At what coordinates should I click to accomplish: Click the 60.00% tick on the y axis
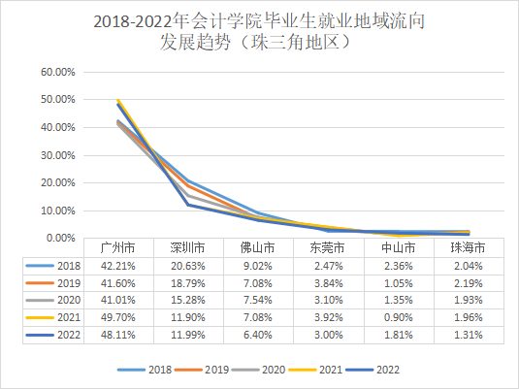[x=55, y=72]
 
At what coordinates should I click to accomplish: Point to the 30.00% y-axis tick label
[x=55, y=155]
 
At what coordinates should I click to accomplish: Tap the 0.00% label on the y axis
[x=58, y=238]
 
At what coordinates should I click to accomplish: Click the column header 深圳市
[x=187, y=248]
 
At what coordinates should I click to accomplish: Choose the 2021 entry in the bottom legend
[x=322, y=370]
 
